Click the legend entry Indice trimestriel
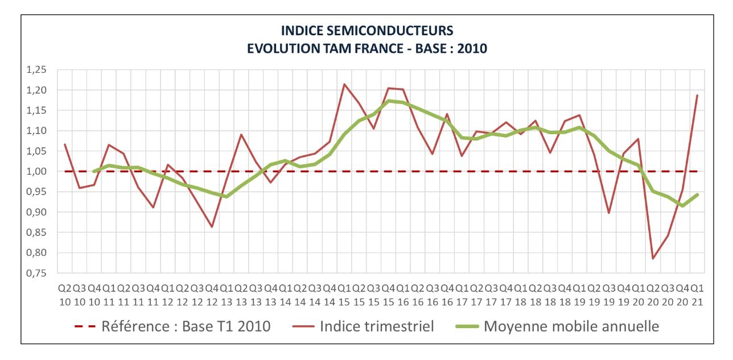(x=377, y=326)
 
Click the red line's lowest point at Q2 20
(x=653, y=259)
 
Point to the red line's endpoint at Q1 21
(x=697, y=95)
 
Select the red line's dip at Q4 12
(x=212, y=227)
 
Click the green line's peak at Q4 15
(x=389, y=101)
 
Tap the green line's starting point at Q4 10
(x=94, y=171)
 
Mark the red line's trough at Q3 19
(x=609, y=213)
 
